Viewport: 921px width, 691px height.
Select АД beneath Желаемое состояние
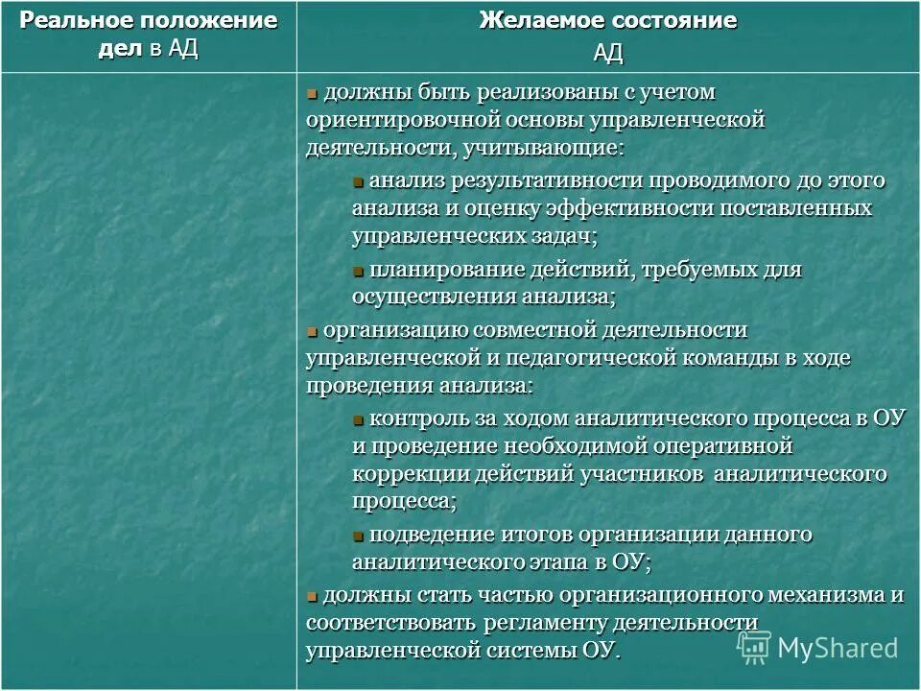coord(607,52)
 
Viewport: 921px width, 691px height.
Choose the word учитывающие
coord(542,148)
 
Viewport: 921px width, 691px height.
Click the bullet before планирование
coord(358,271)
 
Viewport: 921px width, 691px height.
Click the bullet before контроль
coord(358,419)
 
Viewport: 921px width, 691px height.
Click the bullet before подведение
coord(358,536)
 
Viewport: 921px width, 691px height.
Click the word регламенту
coord(545,622)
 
